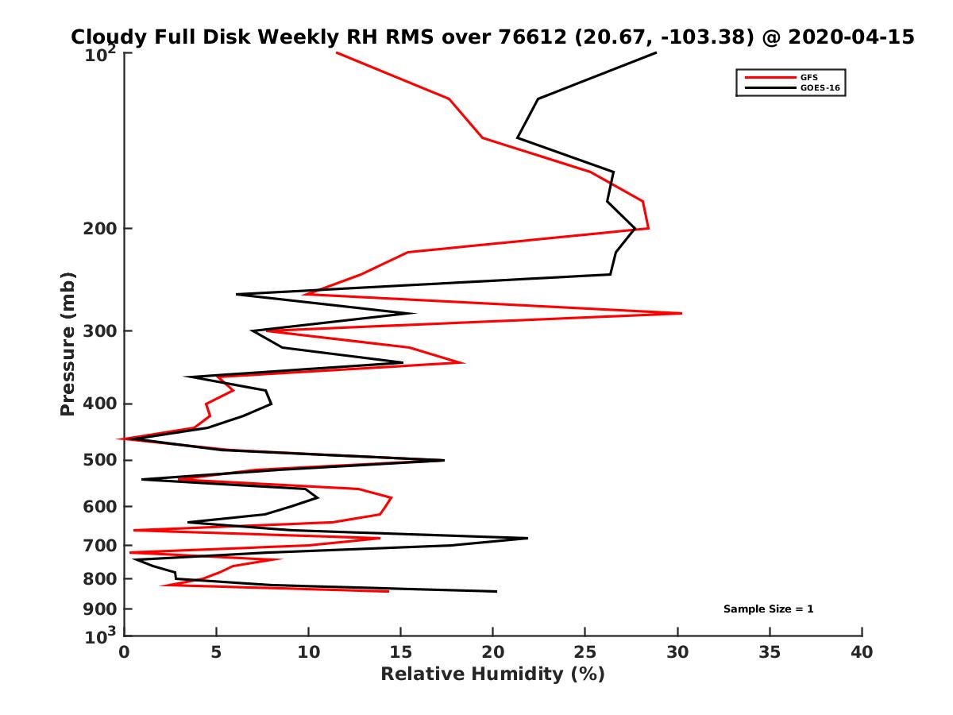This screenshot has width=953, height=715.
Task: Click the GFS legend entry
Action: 810,77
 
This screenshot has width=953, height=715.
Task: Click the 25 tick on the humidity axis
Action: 585,652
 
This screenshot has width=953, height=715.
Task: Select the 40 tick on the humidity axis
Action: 862,652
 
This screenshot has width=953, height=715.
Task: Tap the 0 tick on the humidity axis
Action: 125,652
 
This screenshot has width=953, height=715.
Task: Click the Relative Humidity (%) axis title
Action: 492,674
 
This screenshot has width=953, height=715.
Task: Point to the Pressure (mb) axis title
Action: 68,343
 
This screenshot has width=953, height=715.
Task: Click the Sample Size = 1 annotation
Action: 768,609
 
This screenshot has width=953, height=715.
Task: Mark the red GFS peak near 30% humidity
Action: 681,314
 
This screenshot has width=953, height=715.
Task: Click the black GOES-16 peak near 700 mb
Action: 527,539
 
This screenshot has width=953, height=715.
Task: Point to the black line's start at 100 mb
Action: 656,53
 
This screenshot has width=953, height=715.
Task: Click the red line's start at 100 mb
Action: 337,53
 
